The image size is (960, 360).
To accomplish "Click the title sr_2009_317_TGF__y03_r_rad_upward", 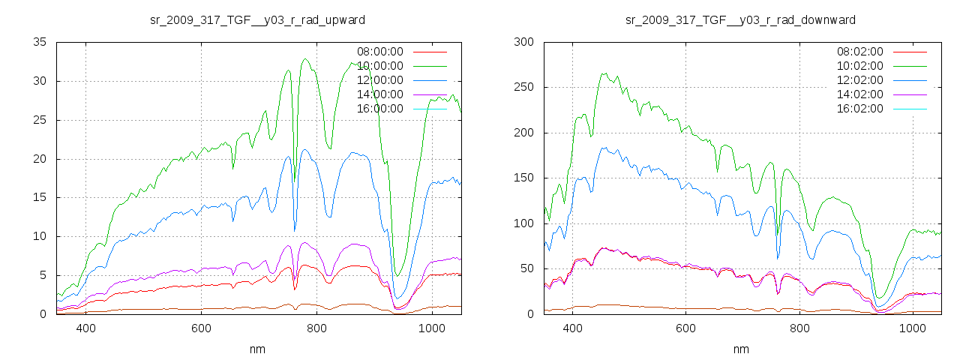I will pos(258,19).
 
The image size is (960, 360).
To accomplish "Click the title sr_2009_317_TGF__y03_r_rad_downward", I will pos(740,19).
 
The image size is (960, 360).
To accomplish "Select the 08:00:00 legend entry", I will pos(380,52).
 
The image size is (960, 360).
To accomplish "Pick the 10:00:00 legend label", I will pos(380,66).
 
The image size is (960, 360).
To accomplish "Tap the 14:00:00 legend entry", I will pos(380,94).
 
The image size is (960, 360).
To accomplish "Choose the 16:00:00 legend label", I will pos(380,109).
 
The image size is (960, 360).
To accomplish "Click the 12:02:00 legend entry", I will pos(860,80).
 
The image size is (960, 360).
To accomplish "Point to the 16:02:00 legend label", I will pos(860,109).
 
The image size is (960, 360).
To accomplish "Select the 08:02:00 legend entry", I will pos(860,52).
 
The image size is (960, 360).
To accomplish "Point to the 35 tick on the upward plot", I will pos(40,42).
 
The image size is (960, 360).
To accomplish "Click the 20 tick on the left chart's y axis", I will pos(40,159).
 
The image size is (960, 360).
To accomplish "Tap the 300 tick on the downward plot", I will pos(523,42).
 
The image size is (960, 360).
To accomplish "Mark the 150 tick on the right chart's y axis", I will pos(523,178).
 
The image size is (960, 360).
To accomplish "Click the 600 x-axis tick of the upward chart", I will pos(201,328).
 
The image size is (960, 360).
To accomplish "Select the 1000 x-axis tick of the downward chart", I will pos(912,328).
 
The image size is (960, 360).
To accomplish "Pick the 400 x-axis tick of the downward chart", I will pos(572,328).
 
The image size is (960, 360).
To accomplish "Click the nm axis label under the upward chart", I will pos(258,349).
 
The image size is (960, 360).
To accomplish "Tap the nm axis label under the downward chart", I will pos(741,349).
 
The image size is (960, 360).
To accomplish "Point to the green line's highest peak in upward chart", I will pos(305,58).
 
